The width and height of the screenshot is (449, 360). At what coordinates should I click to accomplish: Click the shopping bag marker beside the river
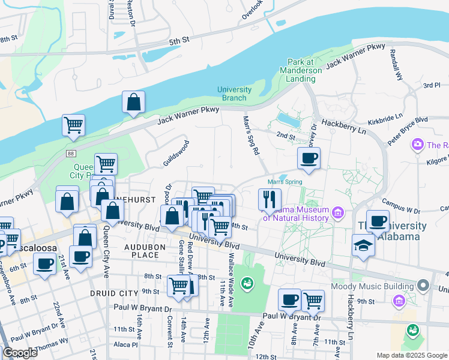pyautogui.click(x=133, y=103)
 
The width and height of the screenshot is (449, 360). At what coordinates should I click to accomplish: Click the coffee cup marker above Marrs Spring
pyautogui.click(x=309, y=158)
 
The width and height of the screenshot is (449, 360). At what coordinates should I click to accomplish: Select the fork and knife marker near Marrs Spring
pyautogui.click(x=270, y=199)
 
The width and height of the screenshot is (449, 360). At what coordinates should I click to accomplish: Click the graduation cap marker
pyautogui.click(x=363, y=246)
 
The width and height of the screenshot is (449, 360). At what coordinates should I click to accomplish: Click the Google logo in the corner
pyautogui.click(x=20, y=352)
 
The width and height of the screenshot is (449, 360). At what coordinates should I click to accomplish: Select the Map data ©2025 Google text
pyautogui.click(x=412, y=355)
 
